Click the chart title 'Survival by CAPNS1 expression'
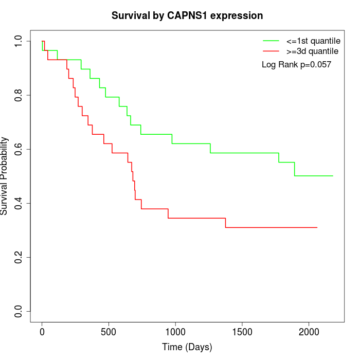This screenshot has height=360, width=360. point(187,16)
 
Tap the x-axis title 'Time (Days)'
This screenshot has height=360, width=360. point(187,347)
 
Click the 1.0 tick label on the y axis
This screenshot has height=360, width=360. point(19,41)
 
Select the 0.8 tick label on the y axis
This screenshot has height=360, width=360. point(19,95)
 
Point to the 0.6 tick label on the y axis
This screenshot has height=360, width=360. point(19,149)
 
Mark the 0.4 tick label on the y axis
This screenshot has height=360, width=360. point(19,203)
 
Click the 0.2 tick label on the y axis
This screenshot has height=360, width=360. point(19,257)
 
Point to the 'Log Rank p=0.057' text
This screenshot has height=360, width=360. point(296,65)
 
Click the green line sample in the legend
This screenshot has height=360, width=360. point(271,40)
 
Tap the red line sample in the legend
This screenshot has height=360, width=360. point(271,51)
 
